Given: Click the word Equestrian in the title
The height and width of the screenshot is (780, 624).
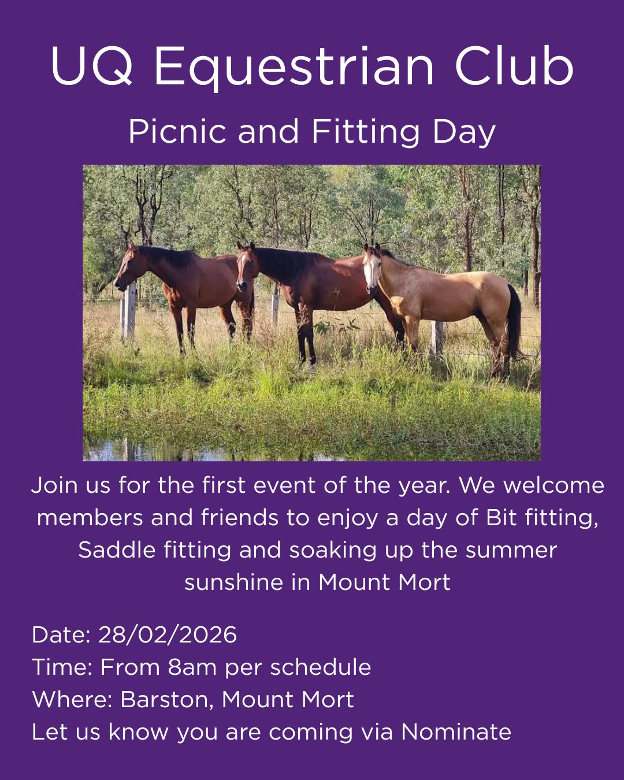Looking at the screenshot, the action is pos(294,68).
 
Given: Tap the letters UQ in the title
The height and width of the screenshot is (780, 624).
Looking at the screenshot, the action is pos(91,66).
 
